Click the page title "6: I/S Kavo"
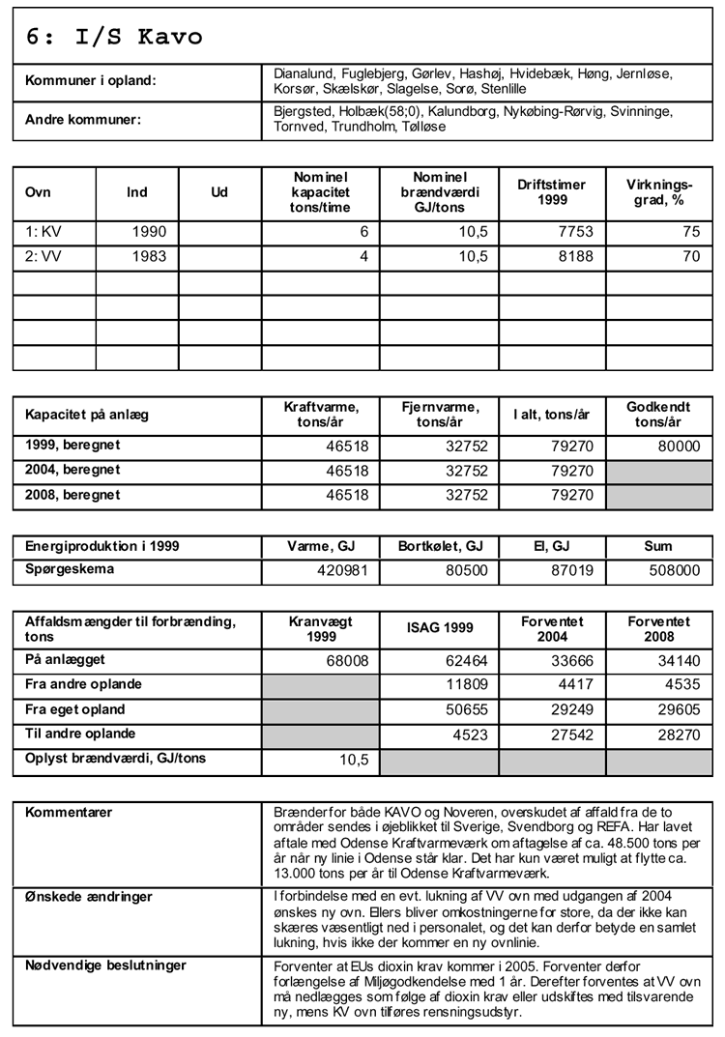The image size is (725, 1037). pyautogui.click(x=115, y=37)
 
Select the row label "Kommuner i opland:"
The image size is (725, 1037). pyautogui.click(x=90, y=81)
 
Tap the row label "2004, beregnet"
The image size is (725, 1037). pyautogui.click(x=73, y=470)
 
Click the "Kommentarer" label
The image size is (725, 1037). pyautogui.click(x=69, y=812)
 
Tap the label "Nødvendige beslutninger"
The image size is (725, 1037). pyautogui.click(x=105, y=965)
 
